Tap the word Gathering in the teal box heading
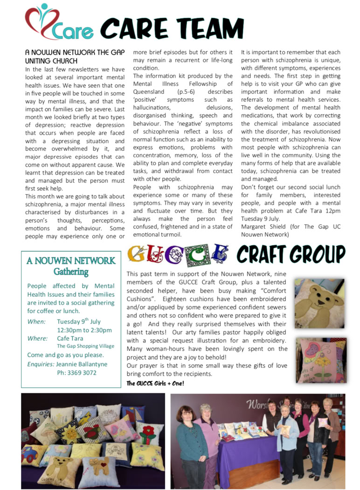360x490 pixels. pyautogui.click(x=71, y=271)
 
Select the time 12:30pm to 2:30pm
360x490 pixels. pyautogui.click(x=84, y=330)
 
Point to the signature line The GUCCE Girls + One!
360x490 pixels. pyautogui.click(x=155, y=383)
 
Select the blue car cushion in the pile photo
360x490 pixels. pyautogui.click(x=31, y=452)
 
